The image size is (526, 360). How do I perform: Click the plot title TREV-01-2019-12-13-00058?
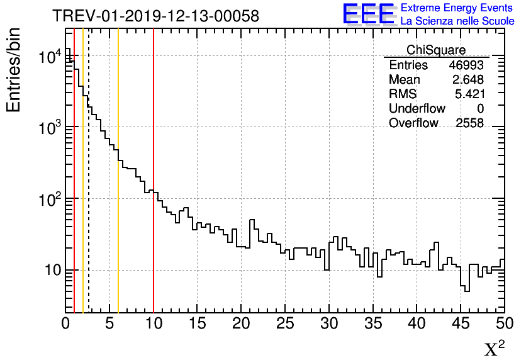(x=155, y=16)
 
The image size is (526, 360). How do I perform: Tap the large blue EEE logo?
(x=369, y=14)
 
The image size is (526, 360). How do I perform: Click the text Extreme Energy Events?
(x=457, y=8)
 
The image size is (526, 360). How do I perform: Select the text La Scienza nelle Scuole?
(x=457, y=21)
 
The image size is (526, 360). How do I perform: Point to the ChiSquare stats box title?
(x=436, y=50)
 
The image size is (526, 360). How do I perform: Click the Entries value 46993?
(x=466, y=65)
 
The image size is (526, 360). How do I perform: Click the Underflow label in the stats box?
(x=417, y=109)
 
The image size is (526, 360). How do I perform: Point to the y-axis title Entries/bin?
(x=14, y=70)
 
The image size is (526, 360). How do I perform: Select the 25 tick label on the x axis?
(x=286, y=324)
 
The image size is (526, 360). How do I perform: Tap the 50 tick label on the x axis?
(x=504, y=324)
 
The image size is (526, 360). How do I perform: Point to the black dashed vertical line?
(x=89, y=189)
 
